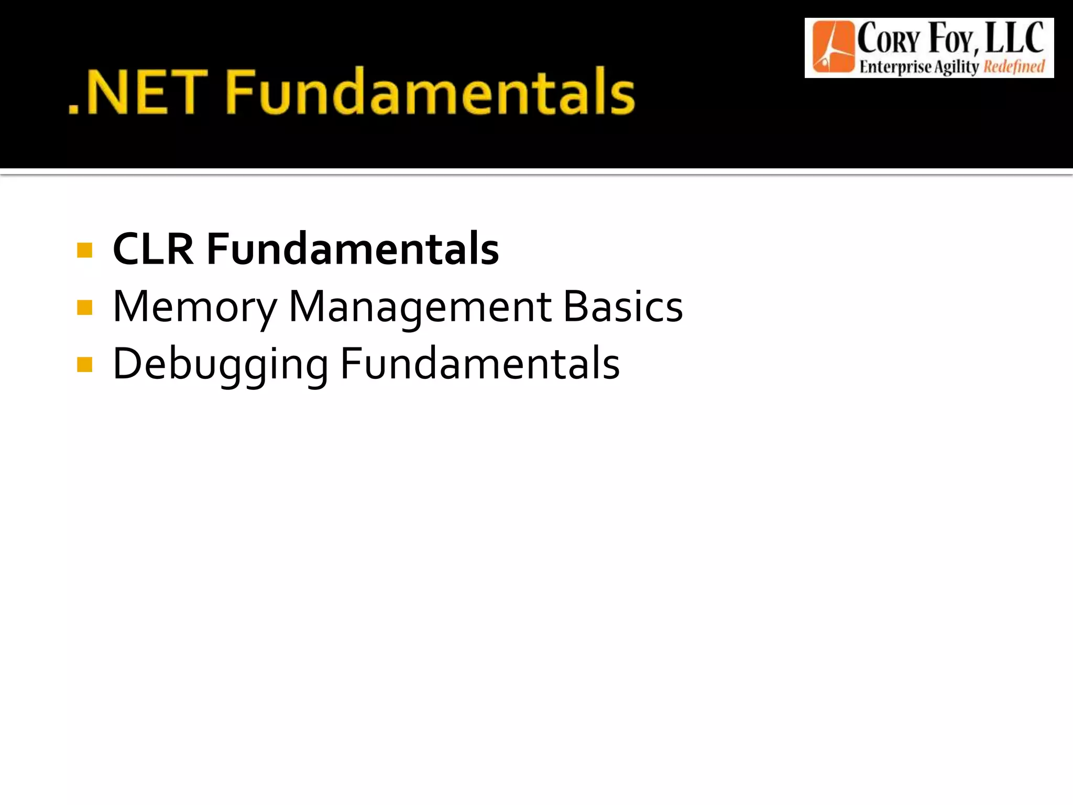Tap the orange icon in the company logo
pos(832,47)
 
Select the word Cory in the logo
pos(889,40)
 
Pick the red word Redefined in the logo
pos(1014,67)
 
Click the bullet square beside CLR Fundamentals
pos(84,250)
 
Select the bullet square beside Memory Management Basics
pos(84,307)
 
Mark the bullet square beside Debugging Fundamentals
pos(84,364)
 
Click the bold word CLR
pos(153,249)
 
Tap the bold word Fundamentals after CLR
pos(353,249)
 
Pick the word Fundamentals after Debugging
pos(480,364)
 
